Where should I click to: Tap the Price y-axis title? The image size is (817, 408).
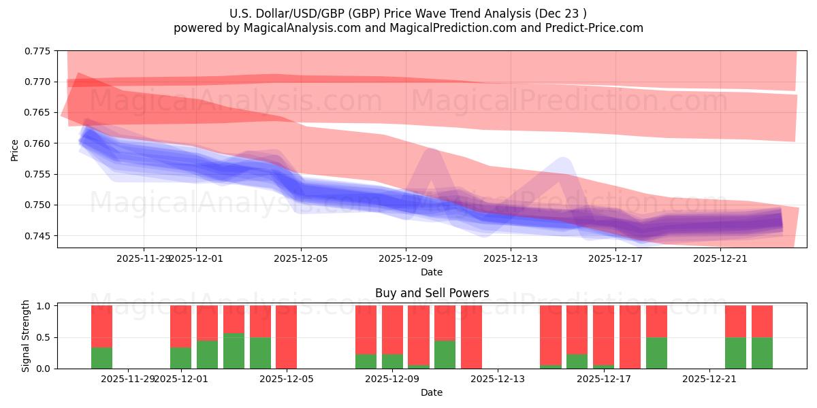[15, 150]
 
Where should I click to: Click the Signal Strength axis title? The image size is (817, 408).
[26, 335]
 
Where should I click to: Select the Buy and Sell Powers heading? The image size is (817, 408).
[432, 294]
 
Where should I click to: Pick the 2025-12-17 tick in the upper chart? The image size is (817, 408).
[615, 258]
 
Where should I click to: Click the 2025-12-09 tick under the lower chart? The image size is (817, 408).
[392, 379]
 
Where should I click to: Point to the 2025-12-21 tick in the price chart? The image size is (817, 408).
[720, 258]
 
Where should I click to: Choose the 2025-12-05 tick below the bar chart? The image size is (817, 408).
[287, 379]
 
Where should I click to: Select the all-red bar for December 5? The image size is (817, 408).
[287, 337]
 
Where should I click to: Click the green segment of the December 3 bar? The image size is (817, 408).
[234, 351]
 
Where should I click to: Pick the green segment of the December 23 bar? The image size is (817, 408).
[762, 353]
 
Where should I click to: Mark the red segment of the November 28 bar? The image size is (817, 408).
[101, 326]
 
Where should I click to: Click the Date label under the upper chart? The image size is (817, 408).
[432, 272]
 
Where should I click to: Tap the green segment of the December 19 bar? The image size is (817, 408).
[656, 353]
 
